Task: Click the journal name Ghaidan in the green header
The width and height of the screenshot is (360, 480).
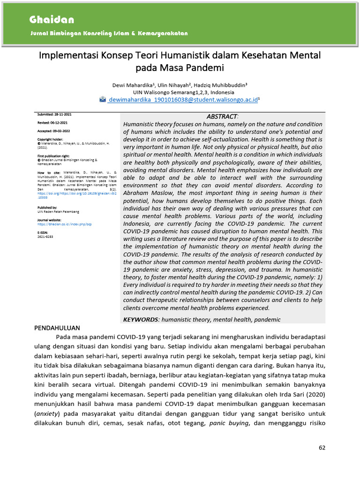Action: coord(52,20)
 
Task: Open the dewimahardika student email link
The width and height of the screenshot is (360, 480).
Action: coord(183,100)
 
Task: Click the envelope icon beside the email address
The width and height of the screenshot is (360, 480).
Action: coord(103,99)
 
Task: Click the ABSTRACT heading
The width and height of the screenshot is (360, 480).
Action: coord(222,116)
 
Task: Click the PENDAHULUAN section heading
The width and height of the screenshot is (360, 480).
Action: coord(57,328)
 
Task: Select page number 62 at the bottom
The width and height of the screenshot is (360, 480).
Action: coord(322,448)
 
